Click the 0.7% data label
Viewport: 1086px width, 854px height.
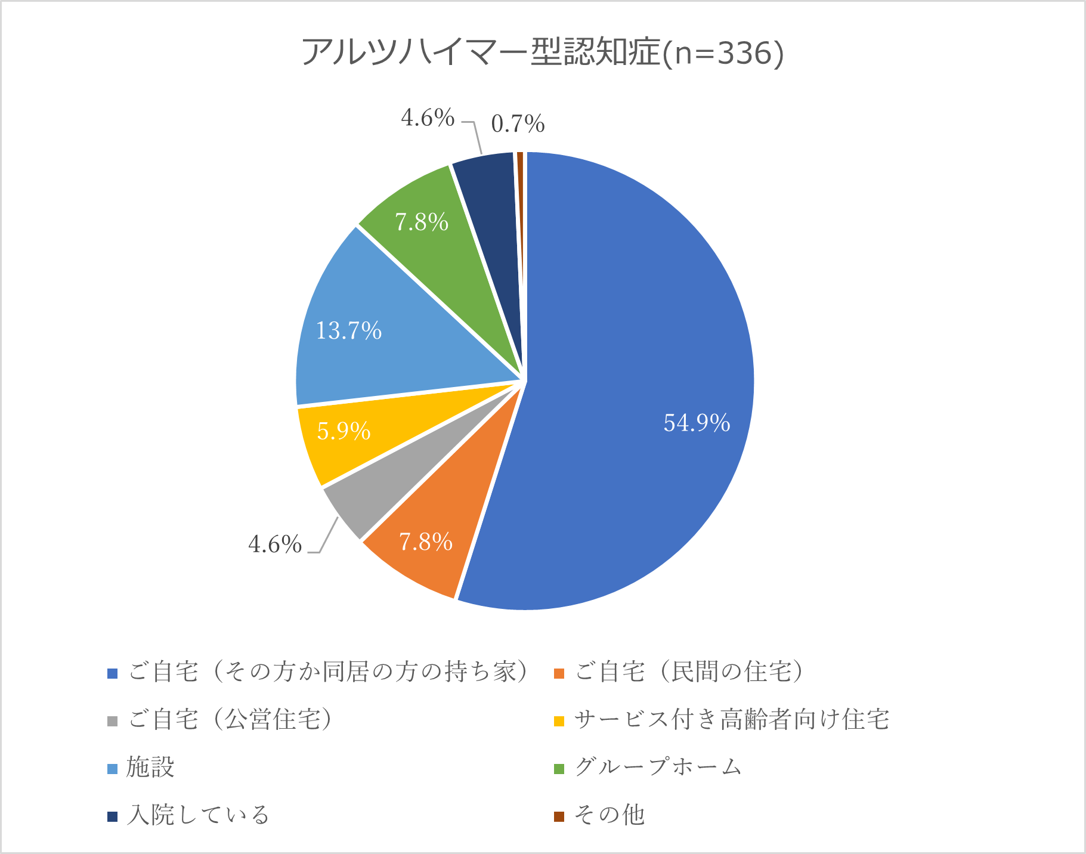click(x=518, y=124)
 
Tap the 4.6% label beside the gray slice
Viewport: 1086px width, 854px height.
click(x=275, y=544)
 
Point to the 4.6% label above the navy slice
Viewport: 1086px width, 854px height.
click(x=428, y=118)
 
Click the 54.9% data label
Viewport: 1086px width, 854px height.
click(x=697, y=423)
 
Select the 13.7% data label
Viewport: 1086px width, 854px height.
click(x=349, y=330)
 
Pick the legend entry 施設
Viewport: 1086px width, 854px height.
click(x=150, y=768)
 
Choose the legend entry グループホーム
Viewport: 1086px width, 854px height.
click(x=658, y=768)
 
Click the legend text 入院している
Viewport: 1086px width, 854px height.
click(x=198, y=815)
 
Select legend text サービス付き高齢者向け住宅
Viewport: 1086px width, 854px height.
click(x=732, y=720)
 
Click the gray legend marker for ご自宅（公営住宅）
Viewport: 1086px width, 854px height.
click(x=113, y=721)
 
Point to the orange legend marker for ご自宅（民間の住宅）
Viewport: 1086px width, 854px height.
click(x=559, y=673)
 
